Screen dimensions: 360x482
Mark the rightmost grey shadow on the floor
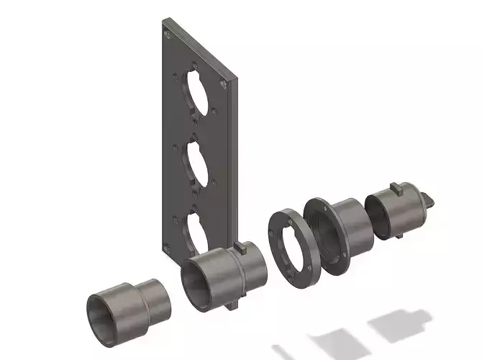pos(400,322)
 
